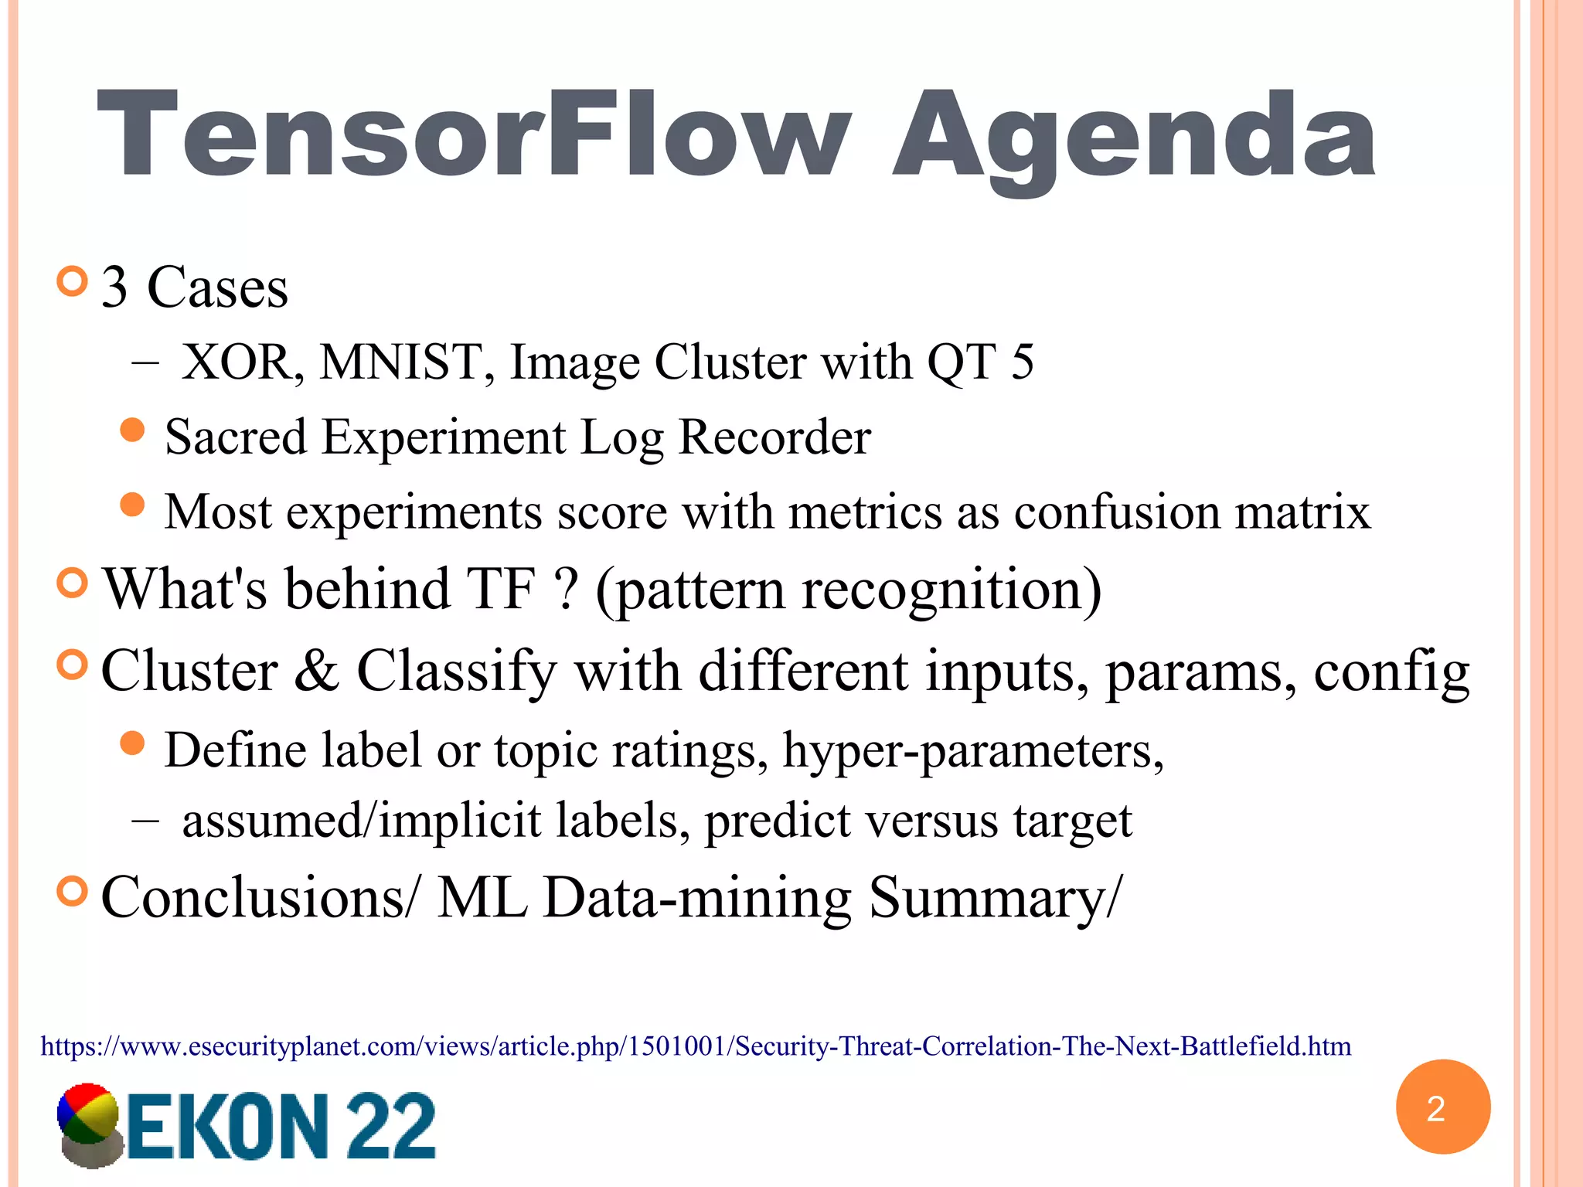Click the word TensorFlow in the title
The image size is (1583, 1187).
[x=473, y=136]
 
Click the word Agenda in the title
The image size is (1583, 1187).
[x=1133, y=139]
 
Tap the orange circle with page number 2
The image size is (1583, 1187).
[x=1442, y=1107]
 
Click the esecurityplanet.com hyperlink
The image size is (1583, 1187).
[x=696, y=1046]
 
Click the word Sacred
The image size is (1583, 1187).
[x=236, y=437]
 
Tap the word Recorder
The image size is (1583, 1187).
[x=774, y=437]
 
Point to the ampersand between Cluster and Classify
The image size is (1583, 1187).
[x=316, y=671]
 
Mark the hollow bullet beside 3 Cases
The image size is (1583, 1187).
[x=73, y=281]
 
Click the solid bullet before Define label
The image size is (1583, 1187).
[x=133, y=743]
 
